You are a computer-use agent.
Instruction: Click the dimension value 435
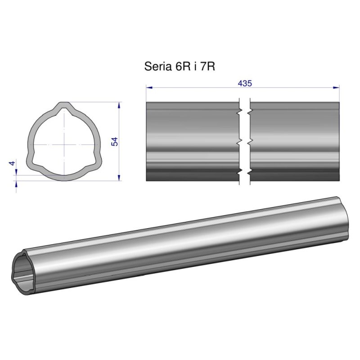pyautogui.click(x=245, y=83)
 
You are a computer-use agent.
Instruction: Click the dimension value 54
pyautogui.click(x=114, y=141)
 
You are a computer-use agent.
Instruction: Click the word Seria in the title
pyautogui.click(x=158, y=67)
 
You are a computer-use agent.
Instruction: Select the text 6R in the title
pyautogui.click(x=183, y=67)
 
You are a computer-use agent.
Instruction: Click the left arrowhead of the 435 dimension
pyautogui.click(x=149, y=87)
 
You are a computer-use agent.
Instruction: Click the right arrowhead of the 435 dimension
pyautogui.click(x=336, y=87)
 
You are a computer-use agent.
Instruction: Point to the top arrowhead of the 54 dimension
pyautogui.click(x=119, y=105)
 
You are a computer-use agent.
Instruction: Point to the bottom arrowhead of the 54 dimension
pyautogui.click(x=119, y=178)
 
